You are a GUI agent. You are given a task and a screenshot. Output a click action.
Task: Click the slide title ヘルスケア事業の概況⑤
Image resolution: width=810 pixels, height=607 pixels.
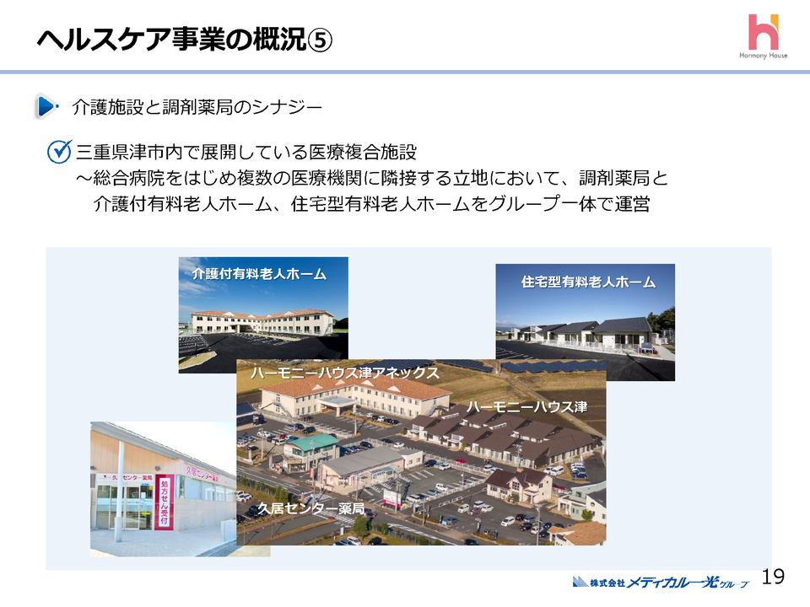coord(185,39)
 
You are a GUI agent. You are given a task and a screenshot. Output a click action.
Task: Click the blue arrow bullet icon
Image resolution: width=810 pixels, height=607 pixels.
coord(46,107)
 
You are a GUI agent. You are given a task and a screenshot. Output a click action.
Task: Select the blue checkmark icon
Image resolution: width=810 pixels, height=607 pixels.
coord(59,153)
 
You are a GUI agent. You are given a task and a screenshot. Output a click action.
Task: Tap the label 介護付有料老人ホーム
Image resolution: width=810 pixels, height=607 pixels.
coord(258,274)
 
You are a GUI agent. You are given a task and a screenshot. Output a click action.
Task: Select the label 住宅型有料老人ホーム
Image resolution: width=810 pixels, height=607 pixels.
coord(588,282)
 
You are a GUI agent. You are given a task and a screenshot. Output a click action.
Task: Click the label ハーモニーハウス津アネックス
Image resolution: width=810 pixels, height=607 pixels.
coord(344,372)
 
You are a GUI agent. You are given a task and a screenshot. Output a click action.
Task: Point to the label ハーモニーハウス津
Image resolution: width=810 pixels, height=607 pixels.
coord(526,407)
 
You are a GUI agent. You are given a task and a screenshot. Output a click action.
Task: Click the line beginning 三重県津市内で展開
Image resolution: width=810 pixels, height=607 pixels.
coord(246,153)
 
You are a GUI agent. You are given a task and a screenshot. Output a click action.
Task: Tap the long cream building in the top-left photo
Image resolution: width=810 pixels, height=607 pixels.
coord(253,323)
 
